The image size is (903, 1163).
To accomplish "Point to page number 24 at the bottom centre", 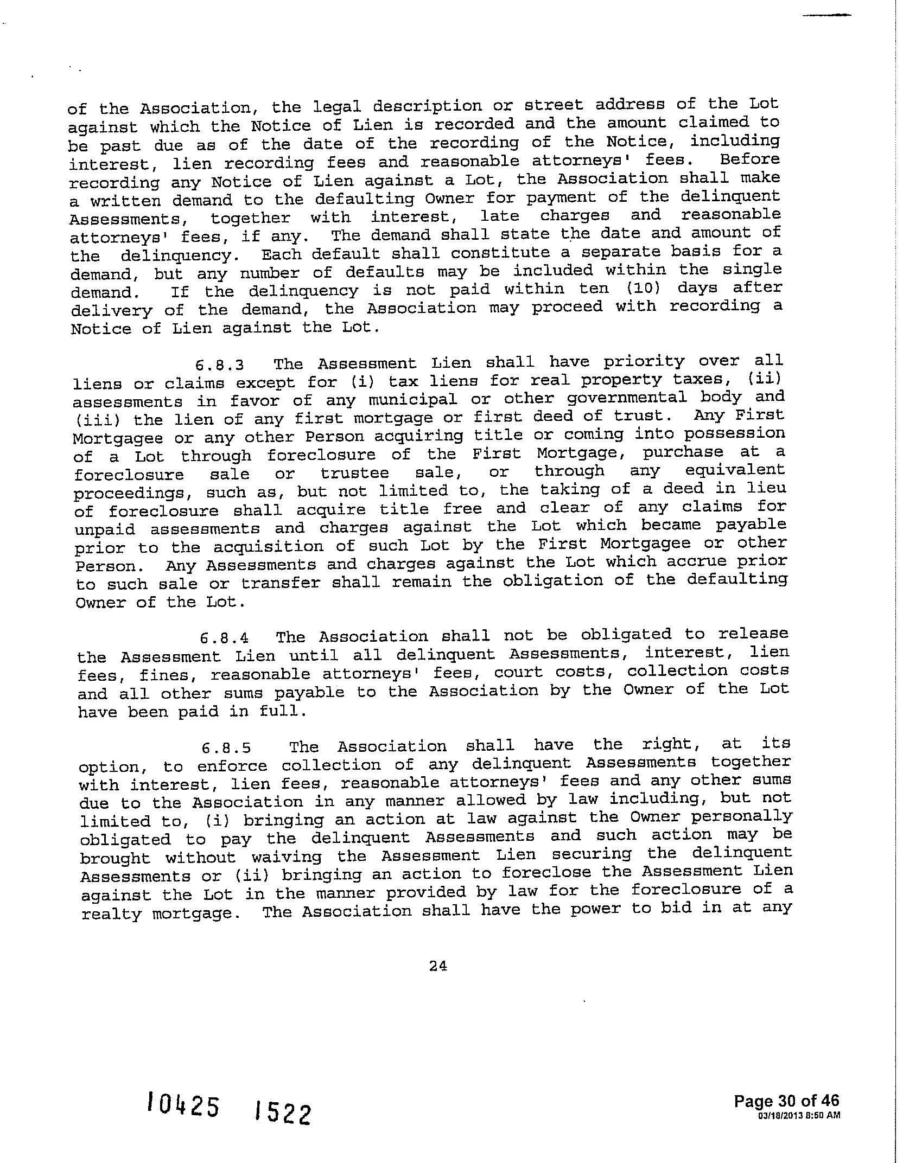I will pos(438,966).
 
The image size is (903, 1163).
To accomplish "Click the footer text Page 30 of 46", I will pos(786,1101).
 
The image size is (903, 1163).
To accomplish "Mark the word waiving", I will pos(287,858).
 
